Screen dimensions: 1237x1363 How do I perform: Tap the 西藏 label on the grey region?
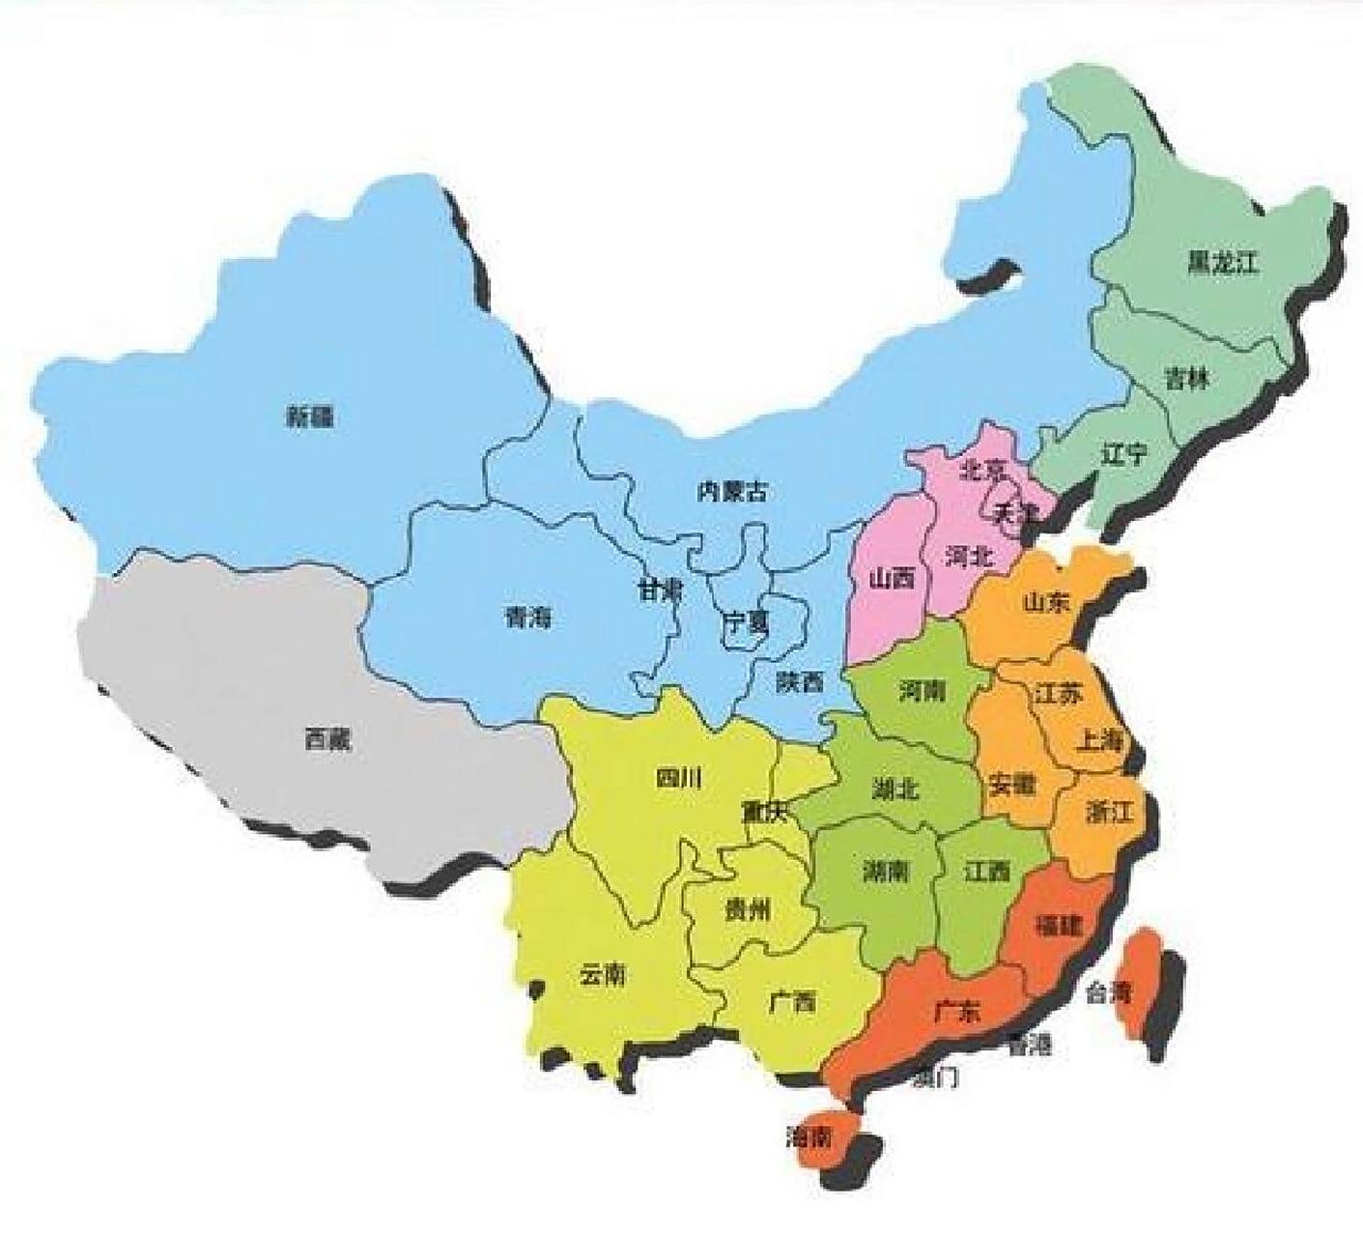328,740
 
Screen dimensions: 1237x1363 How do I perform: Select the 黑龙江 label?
1224,262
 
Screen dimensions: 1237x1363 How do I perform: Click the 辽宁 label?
1124,452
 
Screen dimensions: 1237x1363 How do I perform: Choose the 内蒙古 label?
733,492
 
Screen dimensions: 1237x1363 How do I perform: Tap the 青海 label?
527,618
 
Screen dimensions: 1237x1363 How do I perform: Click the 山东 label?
1047,602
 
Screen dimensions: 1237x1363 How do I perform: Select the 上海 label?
1100,741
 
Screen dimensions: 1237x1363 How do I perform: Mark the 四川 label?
678,778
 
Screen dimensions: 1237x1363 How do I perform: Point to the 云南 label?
602,974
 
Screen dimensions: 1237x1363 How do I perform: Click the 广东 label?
956,1012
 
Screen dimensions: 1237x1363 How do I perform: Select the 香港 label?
1029,1045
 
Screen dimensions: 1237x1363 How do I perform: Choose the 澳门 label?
935,1078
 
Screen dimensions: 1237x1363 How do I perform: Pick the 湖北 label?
894,790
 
